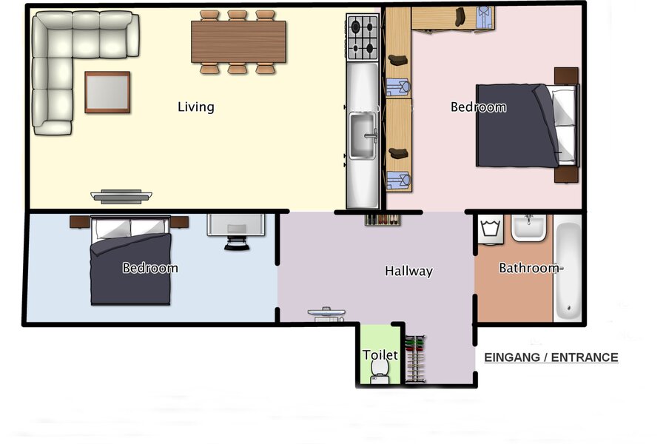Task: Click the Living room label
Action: pos(196,107)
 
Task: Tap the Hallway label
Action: pos(408,271)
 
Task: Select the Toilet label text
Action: pos(380,354)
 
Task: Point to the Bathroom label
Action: pos(529,268)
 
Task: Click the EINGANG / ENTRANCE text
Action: pos(551,357)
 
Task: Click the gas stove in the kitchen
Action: pos(363,38)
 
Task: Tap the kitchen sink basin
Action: pos(363,135)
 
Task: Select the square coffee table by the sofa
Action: pos(107,92)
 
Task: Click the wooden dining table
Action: pos(238,41)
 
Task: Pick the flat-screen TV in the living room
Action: pos(121,196)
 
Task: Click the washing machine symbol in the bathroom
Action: pos(491,229)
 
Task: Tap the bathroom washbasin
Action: pos(528,228)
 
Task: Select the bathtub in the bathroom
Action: pos(568,270)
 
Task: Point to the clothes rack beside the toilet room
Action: pos(415,359)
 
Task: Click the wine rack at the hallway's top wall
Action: pos(383,220)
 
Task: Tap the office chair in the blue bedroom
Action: pos(237,243)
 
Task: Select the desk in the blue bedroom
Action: pos(236,225)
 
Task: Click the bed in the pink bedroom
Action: pos(527,125)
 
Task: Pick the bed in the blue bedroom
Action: pos(130,260)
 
